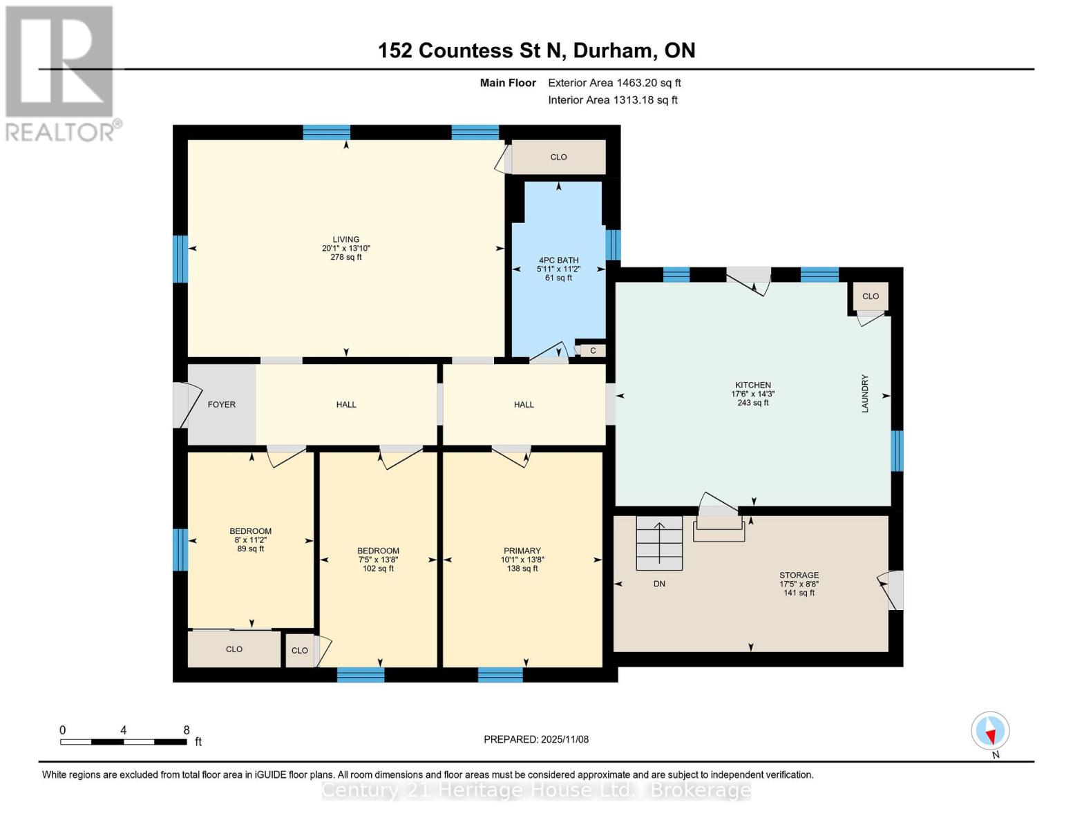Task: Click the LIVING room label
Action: click(x=346, y=240)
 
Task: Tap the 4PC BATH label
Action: click(x=558, y=260)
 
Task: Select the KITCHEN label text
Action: click(x=752, y=385)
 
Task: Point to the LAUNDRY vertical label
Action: click(x=864, y=394)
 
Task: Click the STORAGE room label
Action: click(x=799, y=575)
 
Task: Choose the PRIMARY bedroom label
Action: click(x=522, y=551)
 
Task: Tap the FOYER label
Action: click(x=222, y=405)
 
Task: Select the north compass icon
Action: click(x=990, y=731)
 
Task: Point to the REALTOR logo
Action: click(x=60, y=73)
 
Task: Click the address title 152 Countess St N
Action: click(x=536, y=50)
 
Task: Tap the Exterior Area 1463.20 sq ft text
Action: click(x=614, y=83)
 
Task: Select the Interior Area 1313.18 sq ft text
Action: click(x=612, y=100)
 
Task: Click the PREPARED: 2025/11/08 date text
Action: click(x=536, y=740)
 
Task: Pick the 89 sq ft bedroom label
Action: click(x=250, y=549)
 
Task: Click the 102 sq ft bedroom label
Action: click(x=378, y=569)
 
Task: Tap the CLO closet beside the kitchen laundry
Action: click(x=870, y=296)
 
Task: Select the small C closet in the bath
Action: click(x=593, y=351)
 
